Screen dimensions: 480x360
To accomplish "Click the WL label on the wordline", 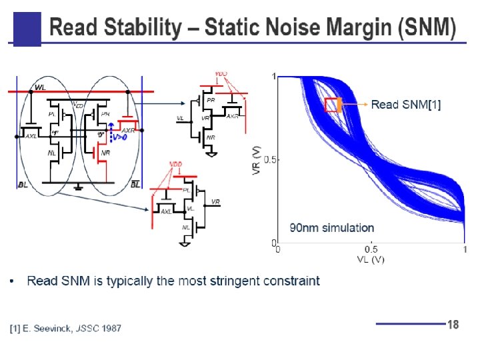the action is (x=41, y=87).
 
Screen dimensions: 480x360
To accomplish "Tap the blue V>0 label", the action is (x=120, y=137).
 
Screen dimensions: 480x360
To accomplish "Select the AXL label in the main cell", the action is (x=31, y=136).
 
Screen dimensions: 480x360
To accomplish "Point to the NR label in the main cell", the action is (x=105, y=153).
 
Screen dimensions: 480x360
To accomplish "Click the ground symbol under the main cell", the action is (x=79, y=186).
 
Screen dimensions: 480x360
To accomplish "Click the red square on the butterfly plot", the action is (x=333, y=105).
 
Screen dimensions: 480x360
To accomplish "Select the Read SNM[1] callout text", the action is (x=405, y=105).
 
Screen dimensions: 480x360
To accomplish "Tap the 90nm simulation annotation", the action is (x=331, y=228).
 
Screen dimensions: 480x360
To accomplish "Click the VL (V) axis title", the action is (x=371, y=259).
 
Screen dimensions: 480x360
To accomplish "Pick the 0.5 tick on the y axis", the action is (x=270, y=160).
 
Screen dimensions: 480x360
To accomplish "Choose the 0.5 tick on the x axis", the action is (x=371, y=249).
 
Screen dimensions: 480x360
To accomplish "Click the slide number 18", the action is (x=453, y=325).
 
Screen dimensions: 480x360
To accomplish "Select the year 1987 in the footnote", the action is (x=111, y=328).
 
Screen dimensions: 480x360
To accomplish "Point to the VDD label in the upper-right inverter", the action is (x=221, y=73).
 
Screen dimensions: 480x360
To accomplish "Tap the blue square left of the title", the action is (x=27, y=29).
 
